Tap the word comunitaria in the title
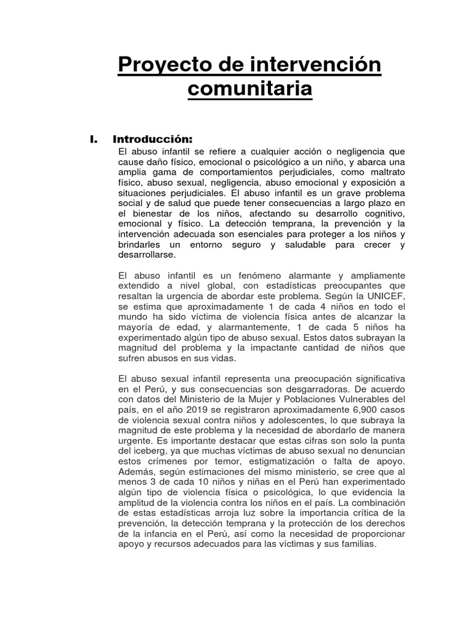pos(249,90)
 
